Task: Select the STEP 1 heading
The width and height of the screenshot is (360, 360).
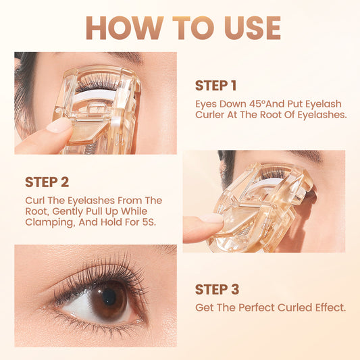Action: pyautogui.click(x=215, y=85)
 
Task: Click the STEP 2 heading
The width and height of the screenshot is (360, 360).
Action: pyautogui.click(x=47, y=182)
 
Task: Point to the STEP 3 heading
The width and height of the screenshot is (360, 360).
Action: pyautogui.click(x=217, y=289)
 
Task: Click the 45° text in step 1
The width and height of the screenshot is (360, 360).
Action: pyautogui.click(x=257, y=104)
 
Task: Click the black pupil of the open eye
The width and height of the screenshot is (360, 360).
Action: pyautogui.click(x=109, y=297)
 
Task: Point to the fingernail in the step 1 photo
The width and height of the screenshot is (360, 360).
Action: pyautogui.click(x=58, y=126)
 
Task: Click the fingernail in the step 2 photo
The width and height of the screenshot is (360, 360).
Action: pyautogui.click(x=211, y=218)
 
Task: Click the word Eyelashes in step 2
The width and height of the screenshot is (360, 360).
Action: pyautogui.click(x=91, y=201)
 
